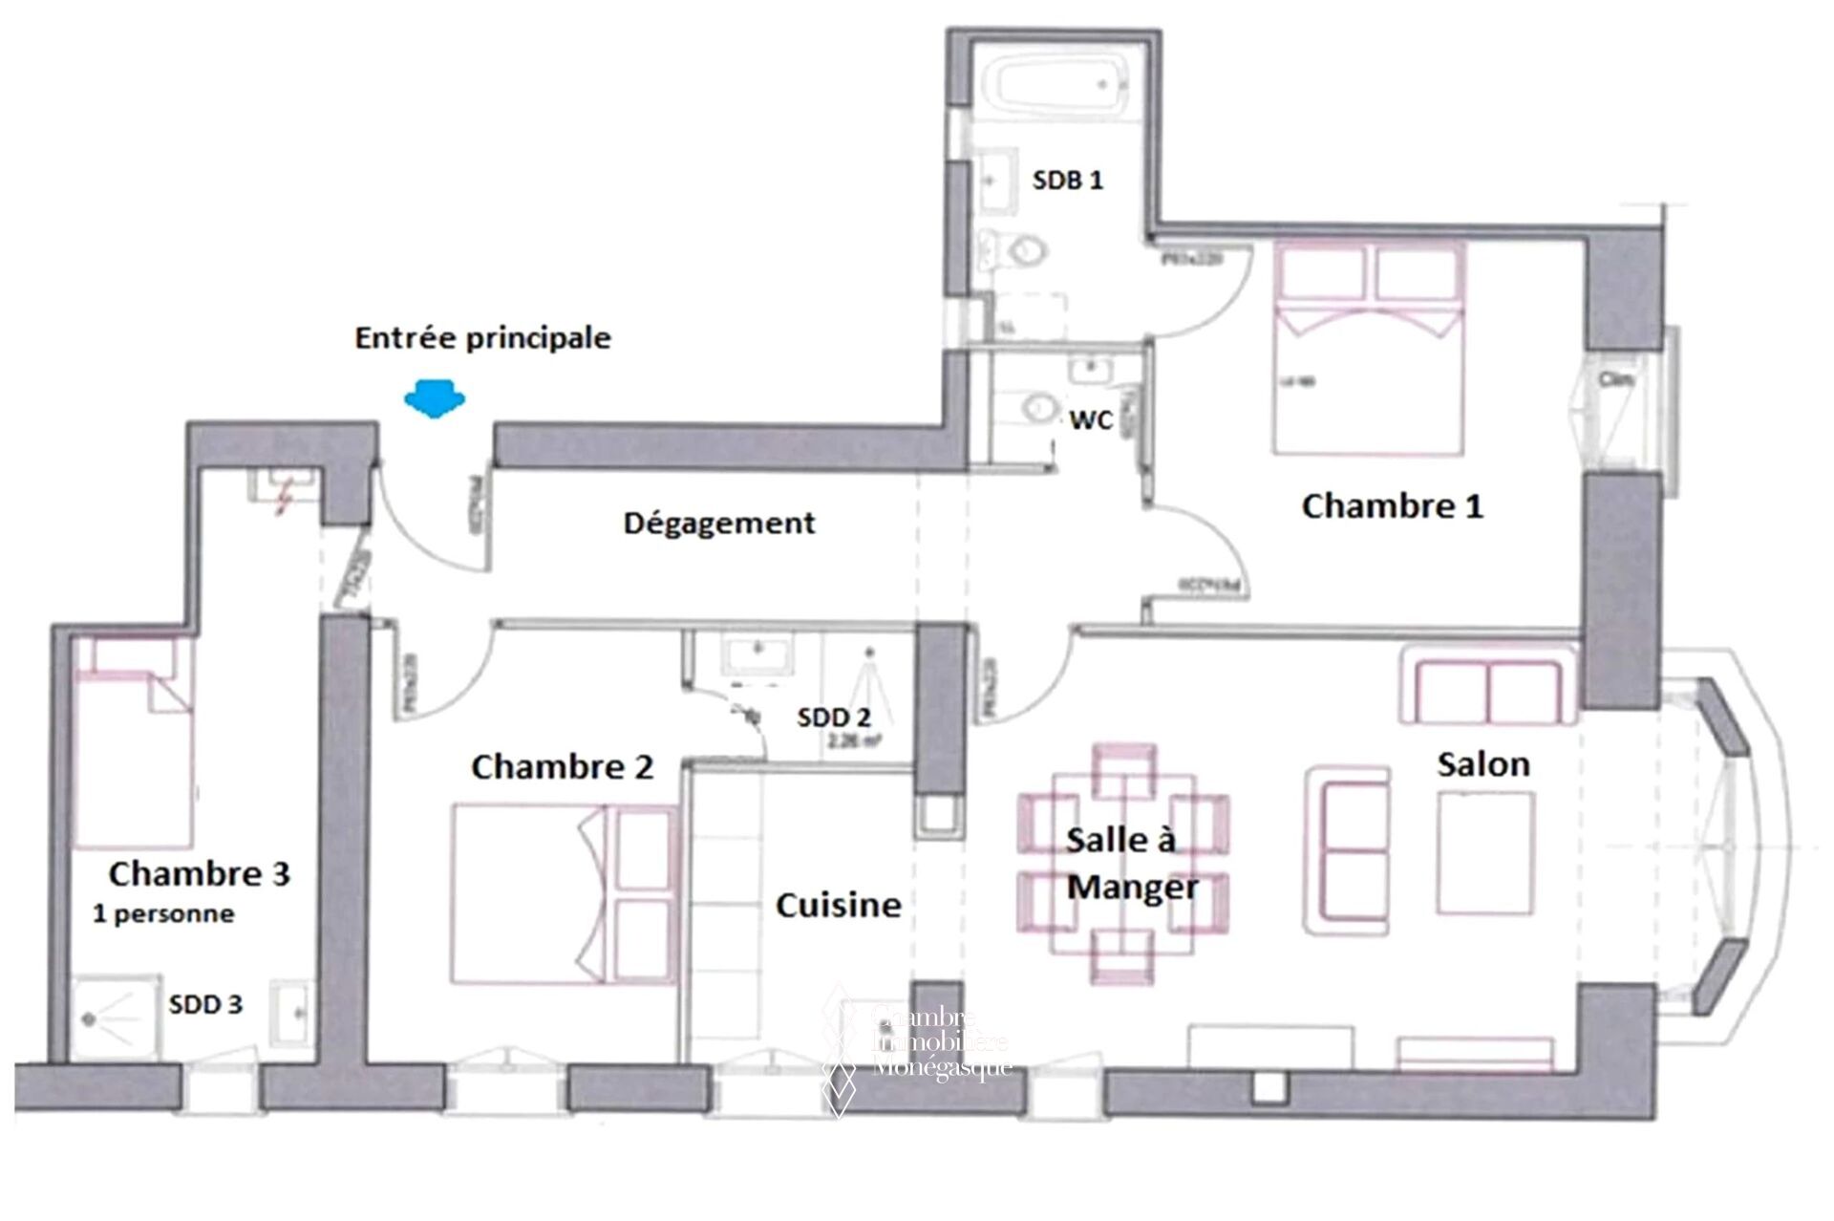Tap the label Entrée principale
point(482,338)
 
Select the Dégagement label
point(719,523)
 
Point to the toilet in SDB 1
point(1024,250)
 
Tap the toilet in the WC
point(1035,408)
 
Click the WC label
point(1091,419)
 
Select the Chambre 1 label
point(1392,506)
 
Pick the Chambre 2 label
point(562,766)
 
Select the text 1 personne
point(163,913)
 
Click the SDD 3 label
point(205,1004)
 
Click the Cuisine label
point(838,905)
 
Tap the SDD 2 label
point(834,718)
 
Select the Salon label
point(1483,763)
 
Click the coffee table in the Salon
point(1485,853)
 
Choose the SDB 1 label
point(1067,180)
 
